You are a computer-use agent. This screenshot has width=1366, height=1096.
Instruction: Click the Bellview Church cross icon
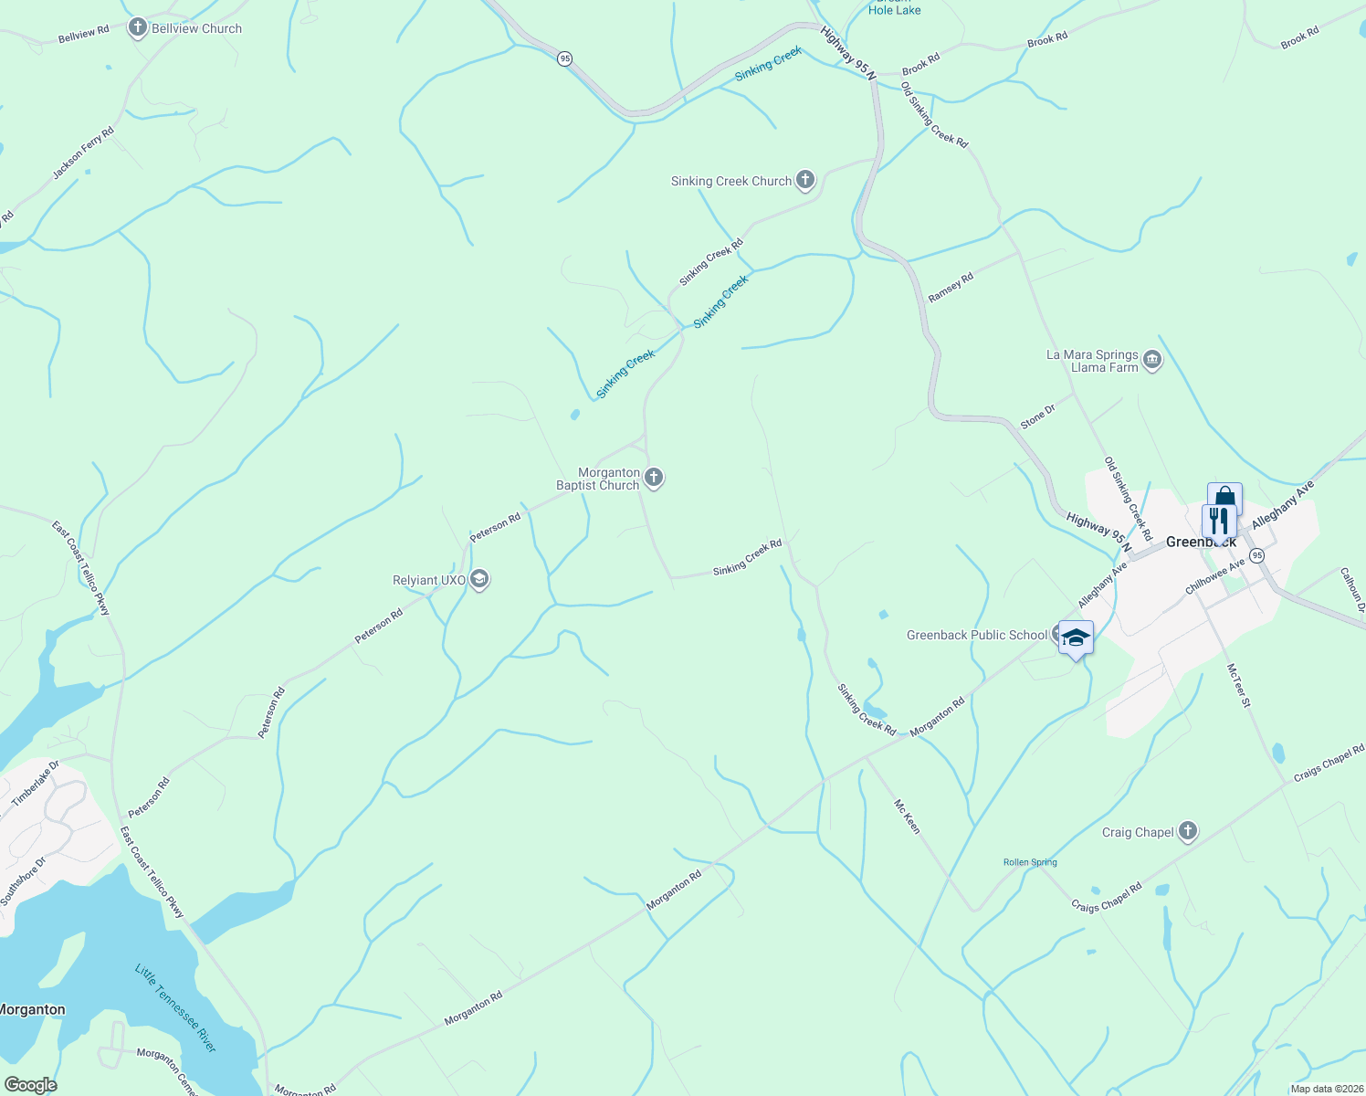click(x=138, y=28)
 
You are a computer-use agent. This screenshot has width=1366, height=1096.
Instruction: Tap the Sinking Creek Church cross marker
click(x=804, y=180)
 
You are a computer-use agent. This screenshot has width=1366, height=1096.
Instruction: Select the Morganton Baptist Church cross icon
click(x=653, y=478)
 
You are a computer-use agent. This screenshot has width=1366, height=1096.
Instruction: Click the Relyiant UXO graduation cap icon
click(x=479, y=580)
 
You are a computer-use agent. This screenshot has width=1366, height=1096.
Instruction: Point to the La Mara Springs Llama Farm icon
click(x=1151, y=361)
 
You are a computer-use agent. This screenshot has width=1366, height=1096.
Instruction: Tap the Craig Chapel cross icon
click(x=1187, y=831)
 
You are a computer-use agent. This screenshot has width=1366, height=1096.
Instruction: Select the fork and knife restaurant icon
click(x=1219, y=522)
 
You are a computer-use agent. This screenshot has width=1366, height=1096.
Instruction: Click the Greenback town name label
click(x=1201, y=543)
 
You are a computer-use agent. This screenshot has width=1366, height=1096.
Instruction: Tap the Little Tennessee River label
click(x=175, y=1007)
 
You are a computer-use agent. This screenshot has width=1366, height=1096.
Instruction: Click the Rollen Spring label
click(x=1030, y=862)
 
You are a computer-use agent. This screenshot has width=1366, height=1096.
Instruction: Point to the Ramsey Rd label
click(x=951, y=288)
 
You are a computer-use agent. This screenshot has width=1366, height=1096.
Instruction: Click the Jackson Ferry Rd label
click(x=83, y=153)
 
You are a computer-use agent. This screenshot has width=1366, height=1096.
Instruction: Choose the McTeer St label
click(x=1238, y=685)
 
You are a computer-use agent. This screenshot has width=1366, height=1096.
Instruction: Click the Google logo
click(x=30, y=1085)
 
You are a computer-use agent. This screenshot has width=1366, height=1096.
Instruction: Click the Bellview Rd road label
click(x=83, y=34)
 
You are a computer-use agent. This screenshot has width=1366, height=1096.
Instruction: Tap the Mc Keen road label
click(x=907, y=816)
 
